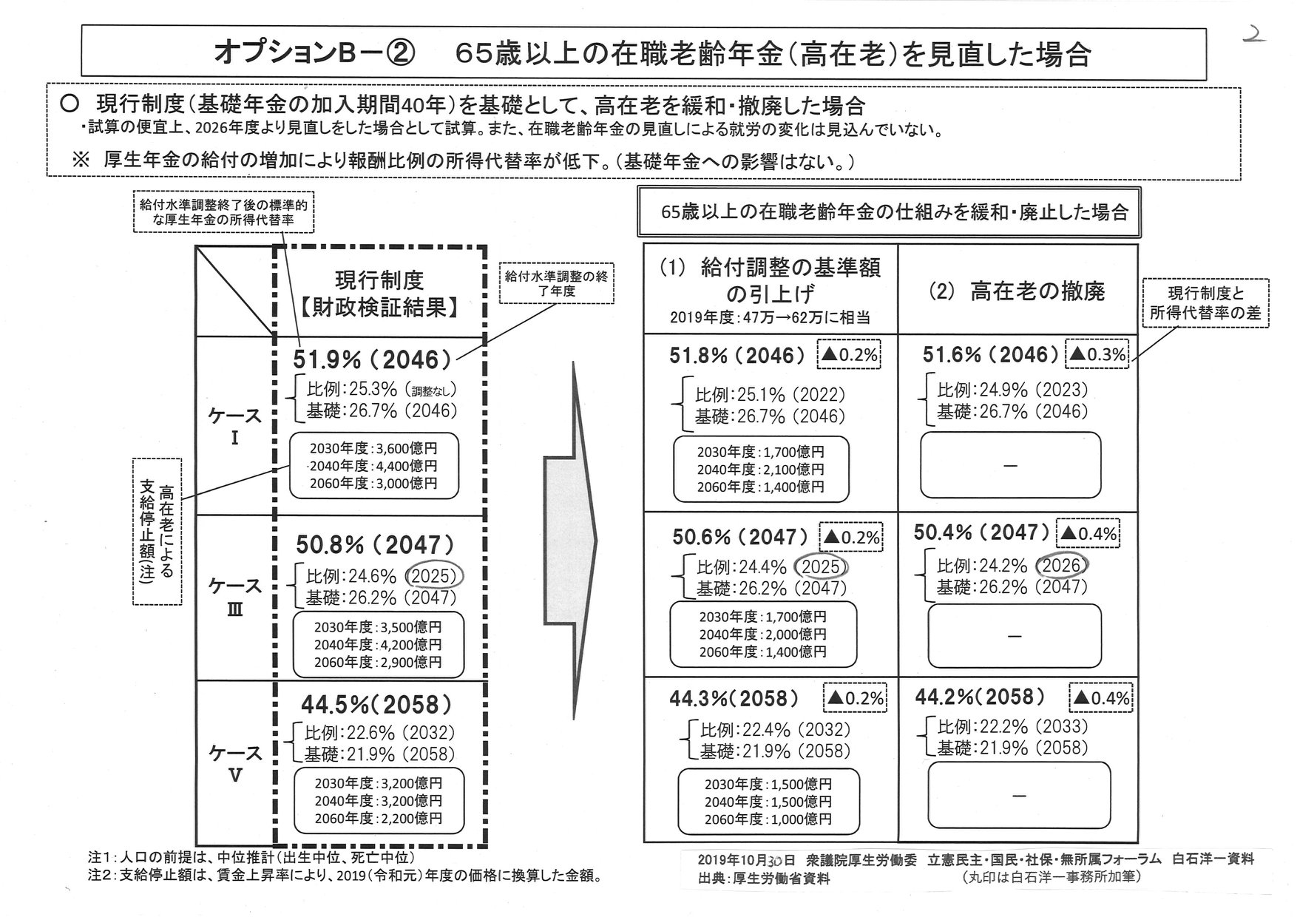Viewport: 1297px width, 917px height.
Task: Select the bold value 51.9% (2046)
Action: coord(373,360)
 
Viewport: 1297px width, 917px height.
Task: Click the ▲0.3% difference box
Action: coord(1097,355)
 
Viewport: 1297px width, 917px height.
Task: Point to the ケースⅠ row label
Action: coord(234,426)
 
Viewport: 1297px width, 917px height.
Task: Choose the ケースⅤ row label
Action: coord(234,762)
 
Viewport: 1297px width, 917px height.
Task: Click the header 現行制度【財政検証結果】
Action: coord(379,294)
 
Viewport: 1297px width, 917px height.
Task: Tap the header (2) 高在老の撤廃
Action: coord(1017,292)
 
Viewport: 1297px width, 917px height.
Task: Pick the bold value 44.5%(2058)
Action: coord(375,704)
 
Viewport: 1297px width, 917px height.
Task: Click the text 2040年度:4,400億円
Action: coord(373,466)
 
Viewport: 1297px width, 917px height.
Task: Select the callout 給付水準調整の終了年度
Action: coord(556,283)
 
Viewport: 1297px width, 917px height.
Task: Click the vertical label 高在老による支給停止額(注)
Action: coord(157,531)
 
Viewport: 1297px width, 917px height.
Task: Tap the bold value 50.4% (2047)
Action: coord(981,532)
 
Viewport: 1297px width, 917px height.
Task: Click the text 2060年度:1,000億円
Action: coord(768,819)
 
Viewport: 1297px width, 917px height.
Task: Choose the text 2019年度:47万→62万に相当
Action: coord(769,318)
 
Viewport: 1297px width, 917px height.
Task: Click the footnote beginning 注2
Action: coord(344,876)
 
